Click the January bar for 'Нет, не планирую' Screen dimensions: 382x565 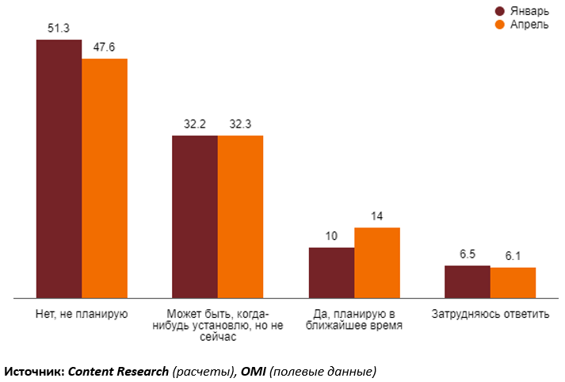tap(59, 169)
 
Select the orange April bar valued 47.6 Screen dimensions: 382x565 tap(105, 178)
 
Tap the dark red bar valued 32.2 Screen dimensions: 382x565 tap(195, 216)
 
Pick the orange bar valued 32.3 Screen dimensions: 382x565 tap(240, 216)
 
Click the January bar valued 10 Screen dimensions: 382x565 tap(331, 273)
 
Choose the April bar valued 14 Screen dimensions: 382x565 tap(376, 262)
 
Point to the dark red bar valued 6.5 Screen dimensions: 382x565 tap(467, 281)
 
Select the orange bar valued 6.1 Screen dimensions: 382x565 tap(513, 283)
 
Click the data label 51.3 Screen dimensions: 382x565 tap(59, 28)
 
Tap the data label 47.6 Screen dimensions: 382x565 tap(105, 48)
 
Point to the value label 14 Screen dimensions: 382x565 tap(376, 216)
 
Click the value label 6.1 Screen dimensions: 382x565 tap(513, 256)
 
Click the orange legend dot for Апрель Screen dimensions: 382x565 tap(500, 25)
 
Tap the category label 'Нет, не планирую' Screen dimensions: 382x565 tap(82, 313)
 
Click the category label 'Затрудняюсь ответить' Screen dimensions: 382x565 tap(490, 313)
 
